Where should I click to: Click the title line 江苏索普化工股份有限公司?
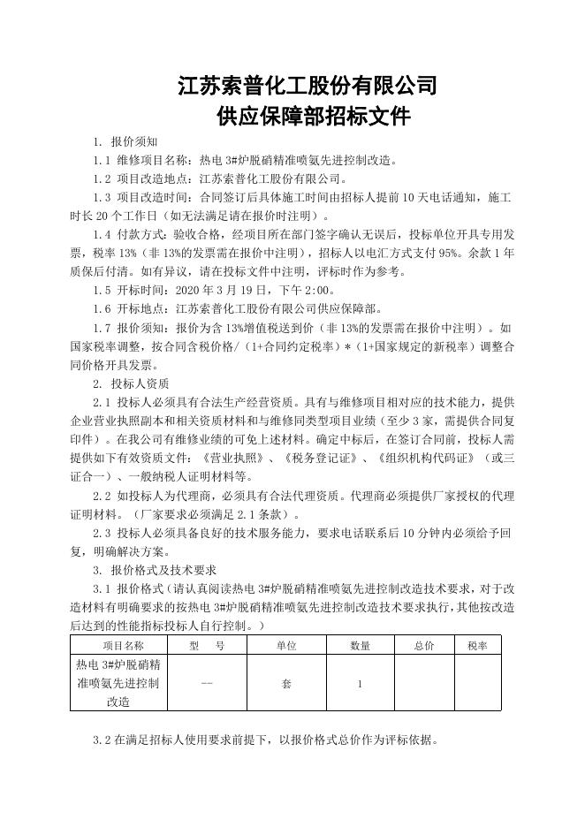coord(308,86)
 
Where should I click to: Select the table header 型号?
coord(207,646)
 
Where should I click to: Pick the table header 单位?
coord(286,646)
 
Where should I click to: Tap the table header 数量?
coord(360,646)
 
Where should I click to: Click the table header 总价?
coord(423,646)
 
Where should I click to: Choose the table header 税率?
coord(477,646)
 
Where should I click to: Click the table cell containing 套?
coord(286,683)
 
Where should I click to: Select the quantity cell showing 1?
coord(360,683)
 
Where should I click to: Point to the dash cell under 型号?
coord(207,683)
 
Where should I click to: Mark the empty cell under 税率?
coord(477,683)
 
